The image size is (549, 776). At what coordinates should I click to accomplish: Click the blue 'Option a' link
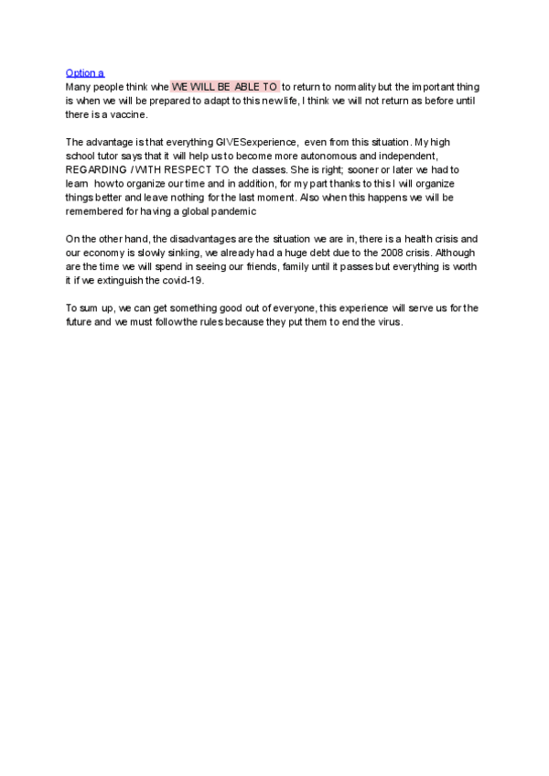point(85,72)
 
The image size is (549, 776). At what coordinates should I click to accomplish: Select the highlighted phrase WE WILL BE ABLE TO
point(225,86)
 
